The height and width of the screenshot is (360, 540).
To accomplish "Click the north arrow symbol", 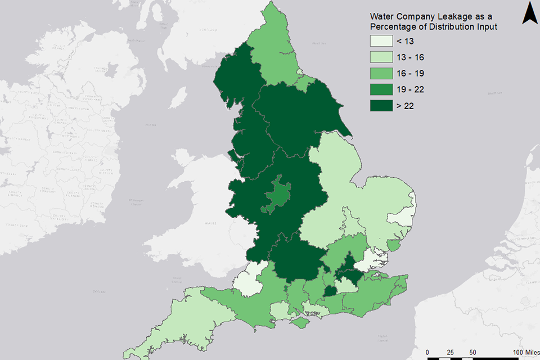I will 528,13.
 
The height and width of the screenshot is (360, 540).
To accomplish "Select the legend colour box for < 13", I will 381,42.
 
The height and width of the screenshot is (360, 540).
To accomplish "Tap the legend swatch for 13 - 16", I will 381,57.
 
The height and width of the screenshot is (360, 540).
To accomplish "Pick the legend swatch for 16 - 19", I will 381,74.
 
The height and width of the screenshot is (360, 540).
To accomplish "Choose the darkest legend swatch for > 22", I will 381,105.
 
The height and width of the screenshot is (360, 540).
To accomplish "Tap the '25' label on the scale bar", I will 450,352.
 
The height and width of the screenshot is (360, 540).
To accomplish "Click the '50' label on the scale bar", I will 472,352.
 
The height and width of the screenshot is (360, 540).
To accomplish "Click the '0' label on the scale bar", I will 427,352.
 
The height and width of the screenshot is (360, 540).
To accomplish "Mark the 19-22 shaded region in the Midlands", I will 276,195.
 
